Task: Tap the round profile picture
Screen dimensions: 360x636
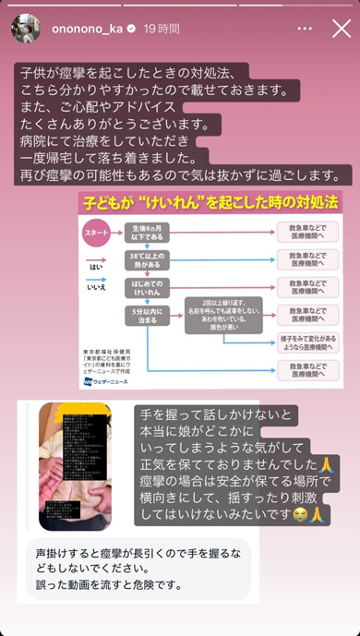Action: [x=26, y=28]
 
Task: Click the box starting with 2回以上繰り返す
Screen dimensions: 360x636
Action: [x=222, y=314]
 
